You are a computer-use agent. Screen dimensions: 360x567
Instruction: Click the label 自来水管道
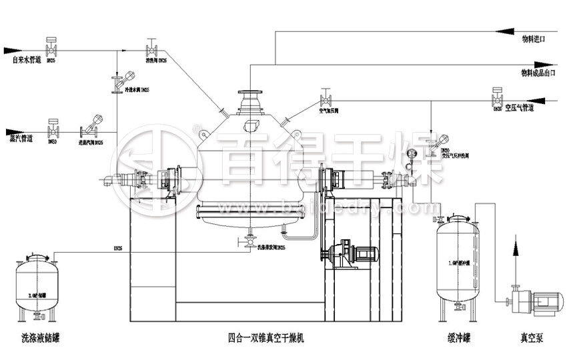pos(27,60)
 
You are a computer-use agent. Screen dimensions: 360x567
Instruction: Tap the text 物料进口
pos(533,40)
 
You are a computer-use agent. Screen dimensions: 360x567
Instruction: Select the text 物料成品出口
pos(537,73)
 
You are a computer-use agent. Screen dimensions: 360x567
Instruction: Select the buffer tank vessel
pos(457,260)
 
